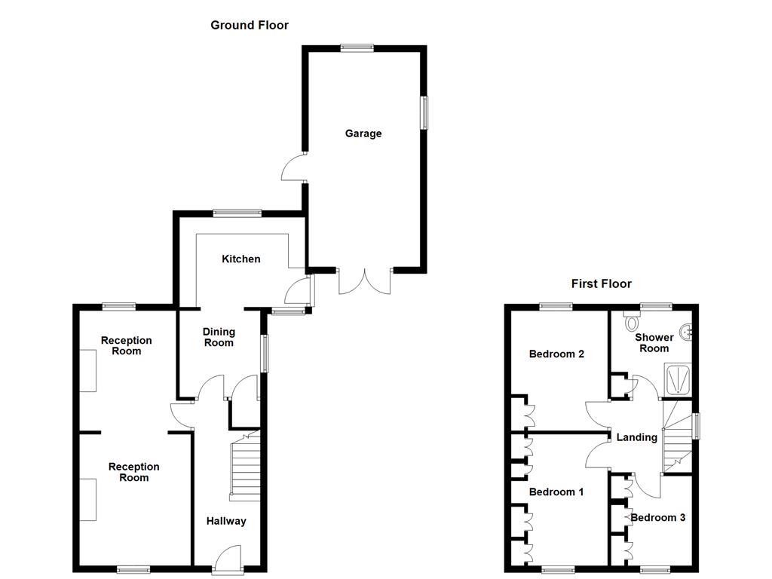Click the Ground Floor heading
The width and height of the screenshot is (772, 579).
click(x=249, y=25)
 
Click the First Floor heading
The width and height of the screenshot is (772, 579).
click(x=601, y=283)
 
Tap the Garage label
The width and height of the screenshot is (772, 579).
click(x=363, y=133)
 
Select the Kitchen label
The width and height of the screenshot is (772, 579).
click(x=240, y=259)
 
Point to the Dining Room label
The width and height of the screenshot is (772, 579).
click(x=219, y=337)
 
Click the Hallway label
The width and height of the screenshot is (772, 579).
click(x=226, y=521)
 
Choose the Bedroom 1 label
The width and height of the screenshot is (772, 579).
click(x=556, y=492)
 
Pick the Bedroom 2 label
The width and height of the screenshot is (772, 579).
click(x=556, y=354)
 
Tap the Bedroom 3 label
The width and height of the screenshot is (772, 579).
click(x=658, y=517)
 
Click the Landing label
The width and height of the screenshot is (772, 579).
click(x=636, y=437)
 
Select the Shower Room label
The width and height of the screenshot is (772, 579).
click(x=654, y=343)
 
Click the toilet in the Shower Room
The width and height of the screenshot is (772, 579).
click(x=631, y=322)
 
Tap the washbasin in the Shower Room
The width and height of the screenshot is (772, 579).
click(x=687, y=330)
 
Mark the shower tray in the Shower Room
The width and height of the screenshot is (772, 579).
click(x=677, y=378)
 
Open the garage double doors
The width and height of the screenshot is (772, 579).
click(x=365, y=280)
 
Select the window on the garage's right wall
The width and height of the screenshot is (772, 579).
click(x=424, y=112)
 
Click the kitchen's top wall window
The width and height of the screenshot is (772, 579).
click(x=237, y=213)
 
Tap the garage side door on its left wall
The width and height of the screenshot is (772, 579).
click(x=294, y=167)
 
